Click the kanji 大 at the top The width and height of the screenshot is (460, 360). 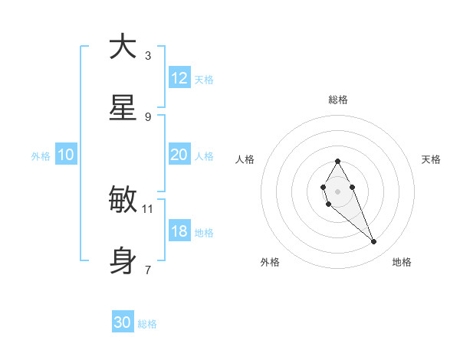tap(122, 47)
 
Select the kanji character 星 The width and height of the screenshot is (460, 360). tap(122, 108)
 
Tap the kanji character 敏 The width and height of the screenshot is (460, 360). tap(122, 200)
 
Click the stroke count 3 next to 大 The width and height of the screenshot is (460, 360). tap(148, 55)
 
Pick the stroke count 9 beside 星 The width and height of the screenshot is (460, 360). tap(148, 116)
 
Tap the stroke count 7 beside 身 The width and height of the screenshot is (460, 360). tap(148, 270)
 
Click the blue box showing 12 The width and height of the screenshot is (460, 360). tap(179, 78)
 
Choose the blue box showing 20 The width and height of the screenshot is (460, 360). tap(179, 155)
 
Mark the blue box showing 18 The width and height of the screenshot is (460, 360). tap(179, 231)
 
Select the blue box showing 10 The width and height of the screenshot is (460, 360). tap(66, 155)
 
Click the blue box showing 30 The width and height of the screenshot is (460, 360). tap(123, 322)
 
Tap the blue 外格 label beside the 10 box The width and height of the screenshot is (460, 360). tap(41, 155)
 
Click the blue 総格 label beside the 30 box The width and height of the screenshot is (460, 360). tap(147, 324)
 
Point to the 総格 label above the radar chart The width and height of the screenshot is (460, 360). tap(337, 100)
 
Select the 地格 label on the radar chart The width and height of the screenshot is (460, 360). tap(402, 262)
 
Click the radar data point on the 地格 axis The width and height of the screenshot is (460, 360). tap(374, 242)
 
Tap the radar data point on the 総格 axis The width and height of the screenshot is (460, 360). tap(337, 161)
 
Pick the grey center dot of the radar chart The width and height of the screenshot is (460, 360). tap(337, 190)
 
